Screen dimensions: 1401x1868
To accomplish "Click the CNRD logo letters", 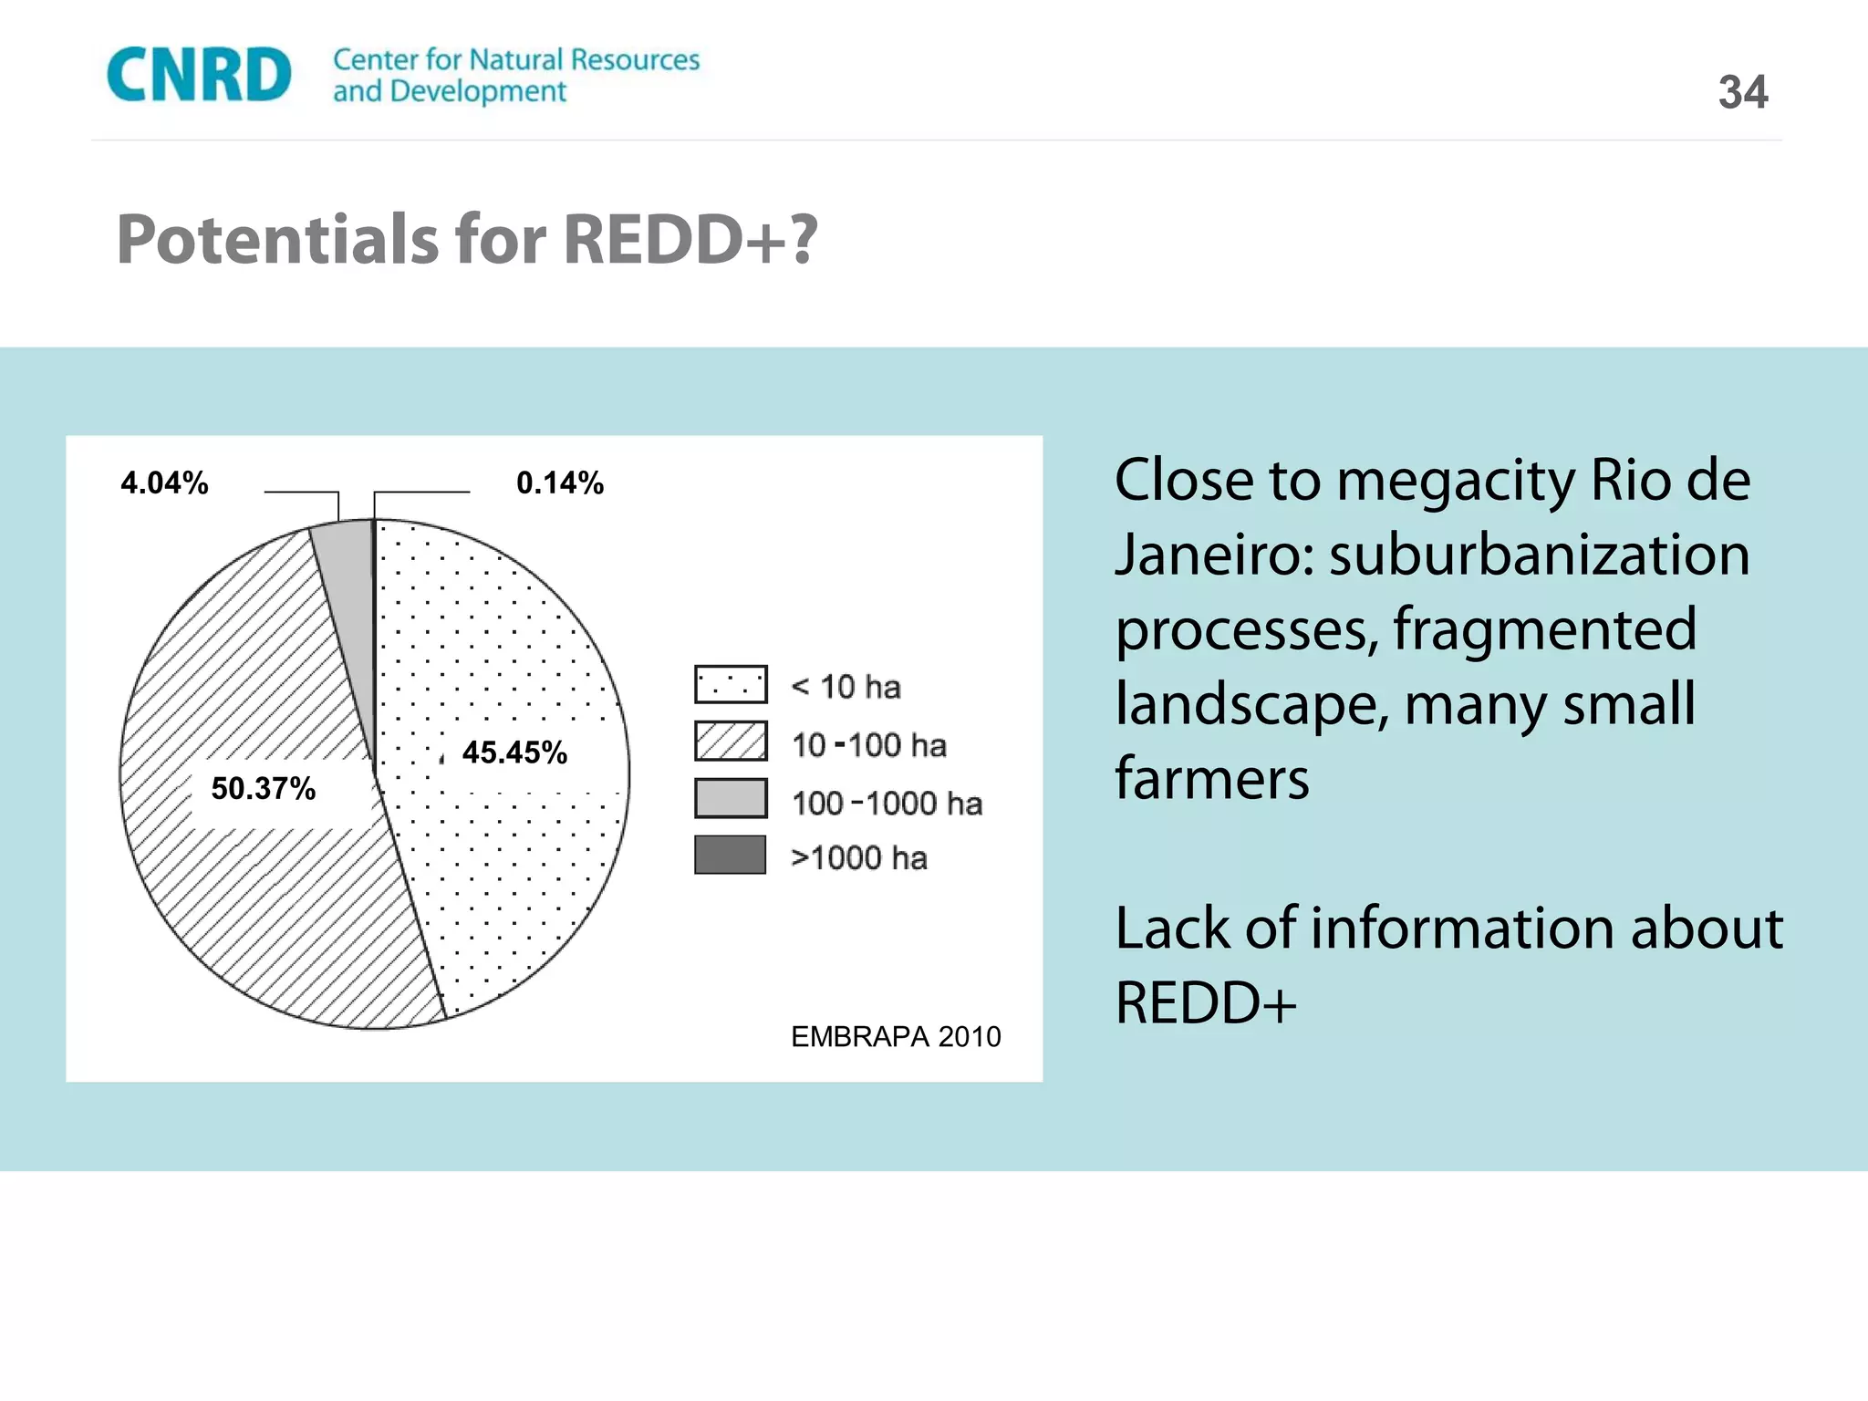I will (x=199, y=75).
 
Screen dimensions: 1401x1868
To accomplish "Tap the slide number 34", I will (x=1742, y=92).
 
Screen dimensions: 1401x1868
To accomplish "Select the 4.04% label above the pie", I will (x=164, y=483).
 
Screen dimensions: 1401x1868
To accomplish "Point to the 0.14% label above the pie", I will (x=559, y=483).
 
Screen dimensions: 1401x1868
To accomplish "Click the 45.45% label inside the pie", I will (x=514, y=752).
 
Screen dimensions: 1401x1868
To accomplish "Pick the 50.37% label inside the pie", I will (x=263, y=788).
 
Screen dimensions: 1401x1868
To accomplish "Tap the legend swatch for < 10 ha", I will (x=730, y=684).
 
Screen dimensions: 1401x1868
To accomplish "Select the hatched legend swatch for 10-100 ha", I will (x=730, y=741).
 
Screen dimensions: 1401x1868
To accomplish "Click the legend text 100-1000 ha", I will (x=887, y=804).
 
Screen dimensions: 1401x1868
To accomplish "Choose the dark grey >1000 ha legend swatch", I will (x=730, y=855).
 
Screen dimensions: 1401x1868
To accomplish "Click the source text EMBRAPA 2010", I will (x=895, y=1036).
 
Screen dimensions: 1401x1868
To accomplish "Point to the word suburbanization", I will (x=1540, y=555).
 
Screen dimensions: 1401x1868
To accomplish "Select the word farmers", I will (x=1211, y=778).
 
